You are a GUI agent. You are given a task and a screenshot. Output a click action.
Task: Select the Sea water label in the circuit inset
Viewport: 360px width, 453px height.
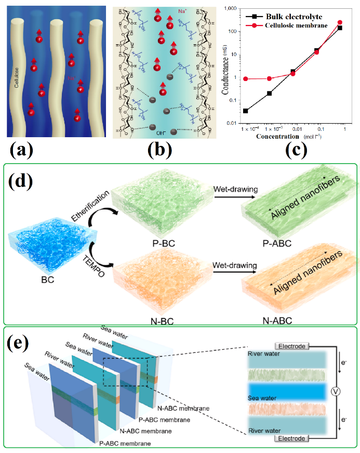tap(263, 398)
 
